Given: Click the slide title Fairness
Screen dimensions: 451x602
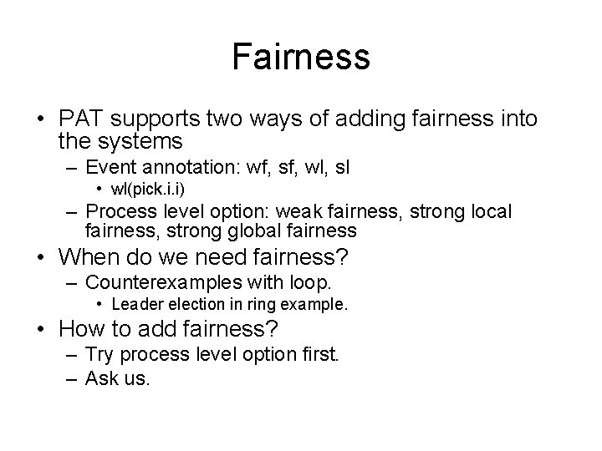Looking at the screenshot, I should [x=301, y=57].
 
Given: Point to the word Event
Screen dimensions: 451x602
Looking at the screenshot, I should [x=112, y=168].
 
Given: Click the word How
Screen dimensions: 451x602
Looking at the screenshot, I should [x=81, y=329].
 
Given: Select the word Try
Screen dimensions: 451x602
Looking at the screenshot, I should [x=102, y=354].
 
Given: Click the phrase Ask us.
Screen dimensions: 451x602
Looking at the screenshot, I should [x=118, y=378].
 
